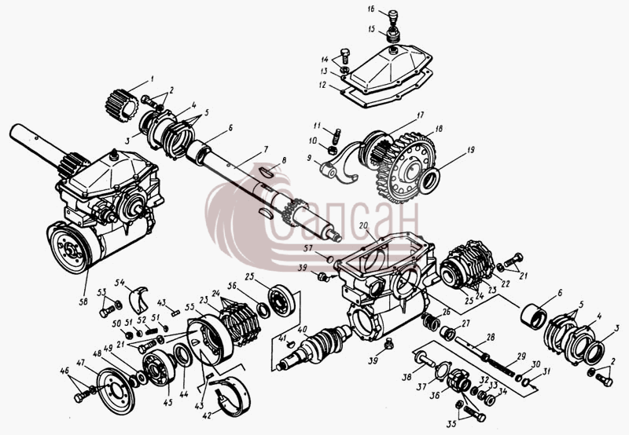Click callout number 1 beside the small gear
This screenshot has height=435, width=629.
(x=152, y=79)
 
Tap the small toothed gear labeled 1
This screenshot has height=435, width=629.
(x=122, y=105)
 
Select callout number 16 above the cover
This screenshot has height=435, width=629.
(x=370, y=9)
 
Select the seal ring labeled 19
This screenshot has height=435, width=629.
(x=430, y=181)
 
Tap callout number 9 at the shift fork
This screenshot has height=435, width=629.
(x=309, y=159)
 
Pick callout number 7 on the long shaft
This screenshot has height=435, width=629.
(x=265, y=149)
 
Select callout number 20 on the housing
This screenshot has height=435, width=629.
(x=363, y=226)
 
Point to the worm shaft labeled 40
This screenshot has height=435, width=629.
(x=315, y=347)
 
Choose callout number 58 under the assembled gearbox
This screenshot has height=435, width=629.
(x=83, y=302)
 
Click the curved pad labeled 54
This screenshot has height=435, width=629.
(x=138, y=300)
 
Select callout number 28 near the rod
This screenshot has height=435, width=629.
(x=491, y=338)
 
